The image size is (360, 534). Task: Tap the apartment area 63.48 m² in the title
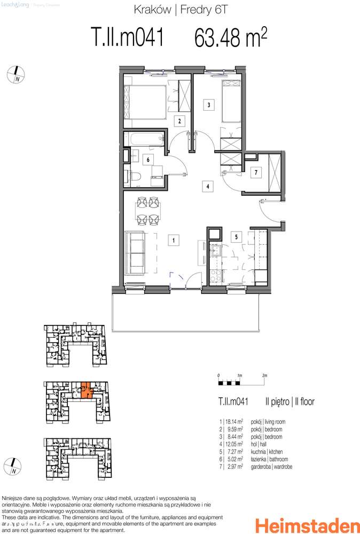click(x=231, y=38)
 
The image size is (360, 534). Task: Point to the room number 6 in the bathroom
click(x=147, y=159)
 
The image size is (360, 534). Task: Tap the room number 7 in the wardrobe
click(x=256, y=172)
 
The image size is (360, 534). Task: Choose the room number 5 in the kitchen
click(x=234, y=235)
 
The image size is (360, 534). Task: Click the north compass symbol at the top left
click(x=16, y=74)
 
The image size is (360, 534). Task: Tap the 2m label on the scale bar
click(x=264, y=376)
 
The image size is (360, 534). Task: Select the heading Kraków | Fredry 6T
click(x=180, y=9)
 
